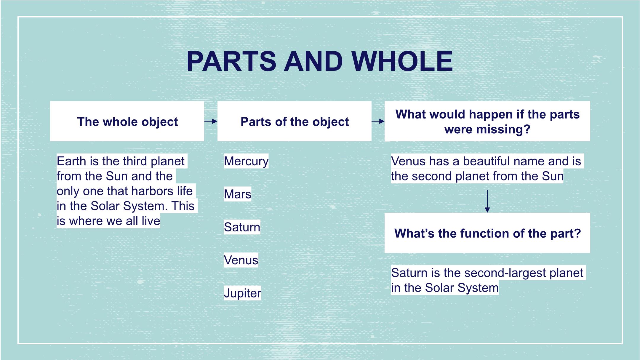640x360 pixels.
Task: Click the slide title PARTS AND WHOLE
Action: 320,61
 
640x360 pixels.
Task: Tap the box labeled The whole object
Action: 127,121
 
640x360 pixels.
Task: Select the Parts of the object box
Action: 294,121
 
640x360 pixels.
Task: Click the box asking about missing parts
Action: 487,121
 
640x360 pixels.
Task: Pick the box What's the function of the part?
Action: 487,233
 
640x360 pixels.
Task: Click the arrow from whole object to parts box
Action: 211,121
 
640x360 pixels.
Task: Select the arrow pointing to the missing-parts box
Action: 378,121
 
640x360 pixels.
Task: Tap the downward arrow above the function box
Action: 487,201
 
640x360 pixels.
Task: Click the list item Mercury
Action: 246,161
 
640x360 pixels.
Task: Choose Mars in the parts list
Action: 237,194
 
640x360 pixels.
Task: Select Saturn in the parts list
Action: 242,227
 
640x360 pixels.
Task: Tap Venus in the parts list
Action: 241,260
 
